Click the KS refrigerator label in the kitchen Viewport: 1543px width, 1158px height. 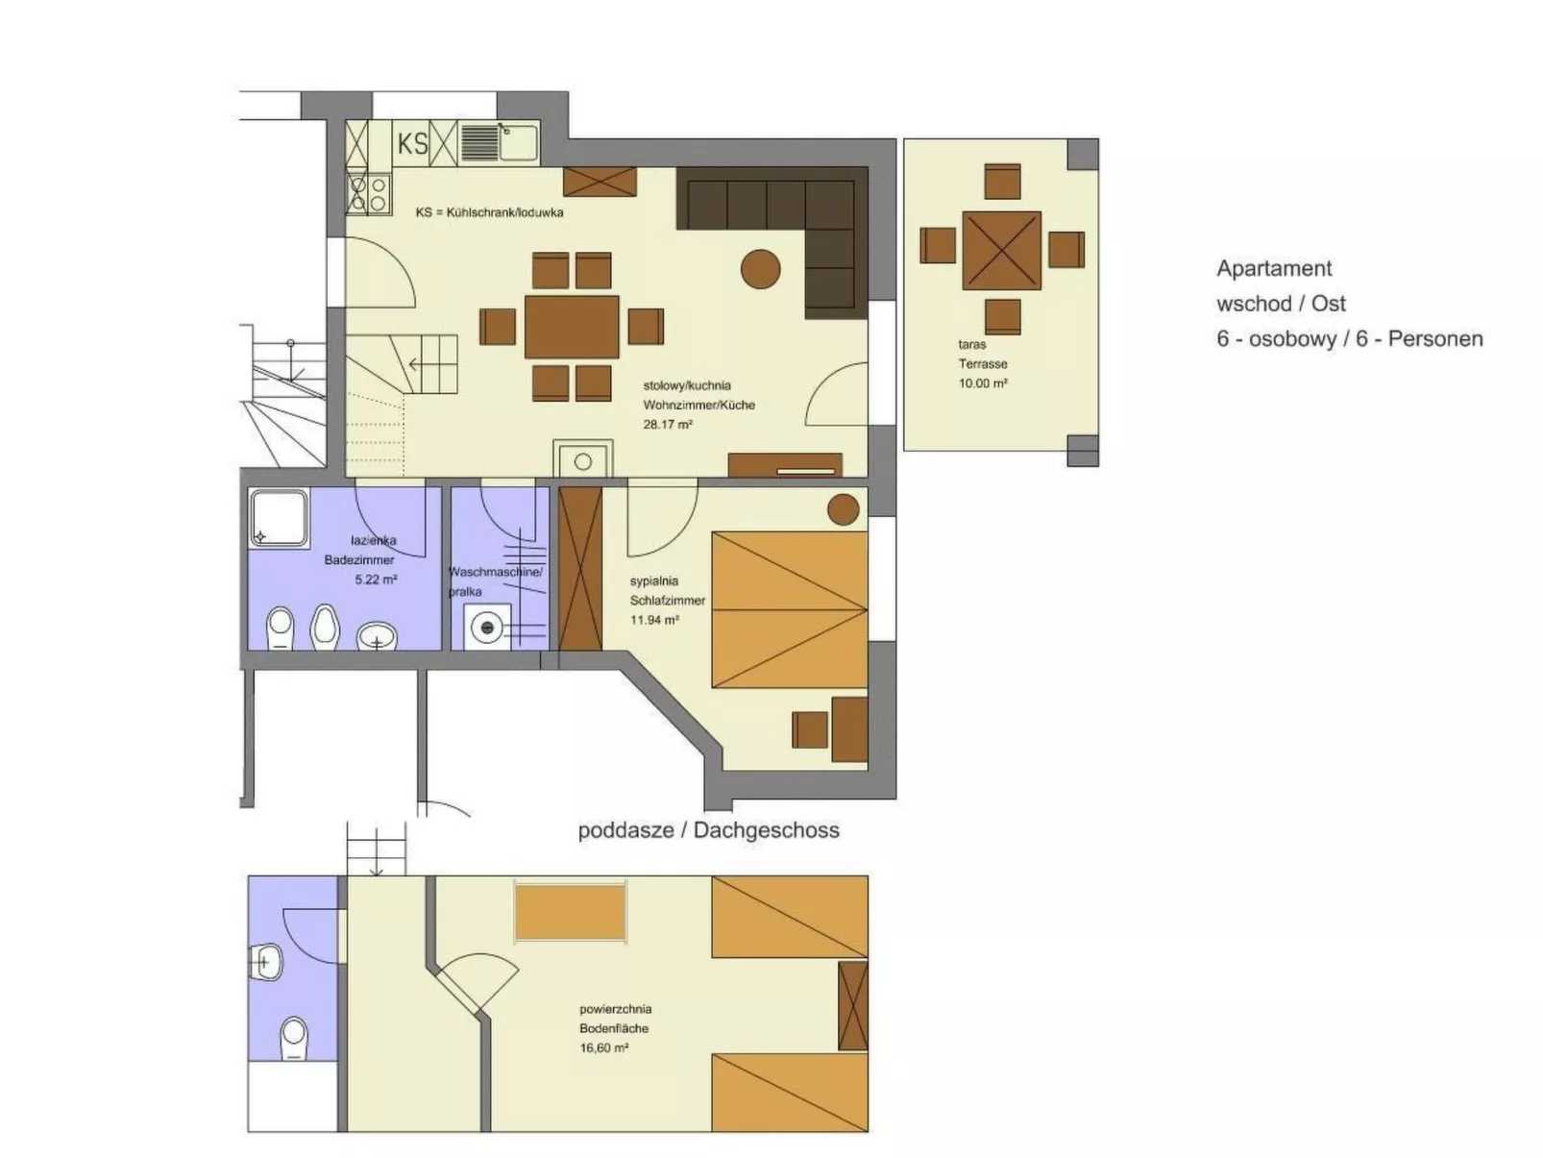[413, 144]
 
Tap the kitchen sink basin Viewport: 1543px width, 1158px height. [519, 142]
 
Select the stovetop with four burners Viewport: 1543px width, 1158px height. [369, 192]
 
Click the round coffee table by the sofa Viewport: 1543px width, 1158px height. [761, 269]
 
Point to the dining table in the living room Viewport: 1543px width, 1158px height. [572, 327]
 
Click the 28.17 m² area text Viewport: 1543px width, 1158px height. [668, 424]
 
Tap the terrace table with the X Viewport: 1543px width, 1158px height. [1002, 250]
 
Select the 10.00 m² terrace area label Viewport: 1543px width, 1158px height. [983, 383]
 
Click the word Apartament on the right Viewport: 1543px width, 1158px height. [1274, 269]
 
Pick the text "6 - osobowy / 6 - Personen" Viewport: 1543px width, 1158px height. [1349, 339]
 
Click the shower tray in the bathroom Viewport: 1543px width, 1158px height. [279, 518]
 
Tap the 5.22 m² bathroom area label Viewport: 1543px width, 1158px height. [376, 579]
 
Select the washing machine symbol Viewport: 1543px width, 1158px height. [488, 628]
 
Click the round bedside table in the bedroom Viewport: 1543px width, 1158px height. [843, 509]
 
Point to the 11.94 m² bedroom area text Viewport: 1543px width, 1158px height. [654, 620]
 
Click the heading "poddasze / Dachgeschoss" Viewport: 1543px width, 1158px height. [708, 830]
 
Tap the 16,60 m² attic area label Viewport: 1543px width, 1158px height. [604, 1047]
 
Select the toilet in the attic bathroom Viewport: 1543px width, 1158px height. [293, 1038]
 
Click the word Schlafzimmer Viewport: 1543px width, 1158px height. [668, 601]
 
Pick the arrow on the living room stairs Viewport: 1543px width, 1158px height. [415, 365]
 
